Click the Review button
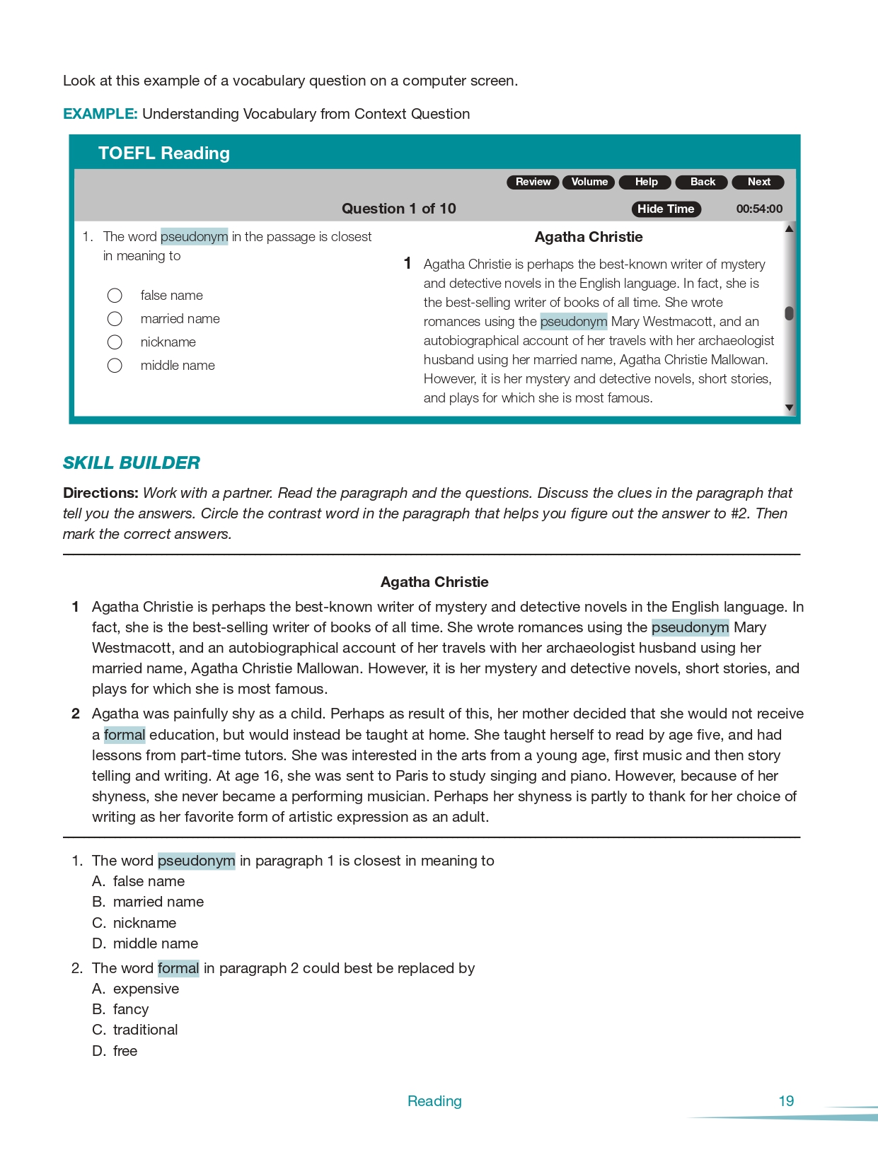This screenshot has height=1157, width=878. click(533, 182)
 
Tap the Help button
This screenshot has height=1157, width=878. click(645, 182)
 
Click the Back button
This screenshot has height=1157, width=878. click(702, 182)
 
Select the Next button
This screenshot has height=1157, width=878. click(758, 182)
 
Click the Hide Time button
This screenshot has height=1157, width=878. click(666, 209)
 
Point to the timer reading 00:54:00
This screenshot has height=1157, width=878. click(759, 209)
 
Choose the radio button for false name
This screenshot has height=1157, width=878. click(115, 295)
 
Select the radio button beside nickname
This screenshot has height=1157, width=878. click(115, 342)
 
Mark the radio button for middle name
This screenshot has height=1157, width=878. click(115, 366)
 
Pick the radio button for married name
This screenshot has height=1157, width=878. click(115, 319)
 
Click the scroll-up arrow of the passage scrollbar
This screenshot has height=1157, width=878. click(789, 228)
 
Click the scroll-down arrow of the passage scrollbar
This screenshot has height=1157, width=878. click(789, 408)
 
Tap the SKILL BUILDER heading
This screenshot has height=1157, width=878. click(132, 463)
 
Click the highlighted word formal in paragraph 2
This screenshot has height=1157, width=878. click(125, 735)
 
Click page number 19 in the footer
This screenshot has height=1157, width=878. click(786, 1101)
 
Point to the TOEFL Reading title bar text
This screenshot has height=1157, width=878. click(164, 153)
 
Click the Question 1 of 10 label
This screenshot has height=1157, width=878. click(398, 209)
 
